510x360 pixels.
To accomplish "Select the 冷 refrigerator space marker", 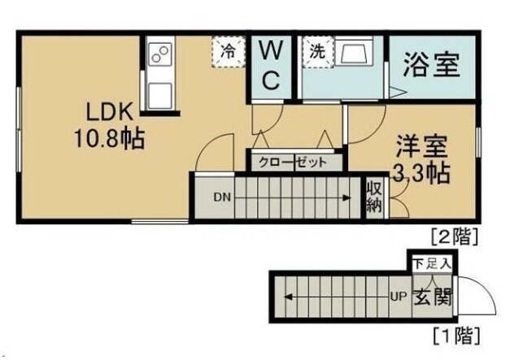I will (x=229, y=50).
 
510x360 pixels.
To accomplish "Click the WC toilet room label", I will (x=271, y=66).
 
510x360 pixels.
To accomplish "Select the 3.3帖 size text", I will (x=422, y=173).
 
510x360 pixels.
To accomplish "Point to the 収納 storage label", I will (x=374, y=196).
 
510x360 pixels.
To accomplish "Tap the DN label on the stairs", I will (x=222, y=196).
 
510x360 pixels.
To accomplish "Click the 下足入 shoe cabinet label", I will (x=430, y=263).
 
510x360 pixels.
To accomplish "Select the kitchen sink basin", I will (x=159, y=88).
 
